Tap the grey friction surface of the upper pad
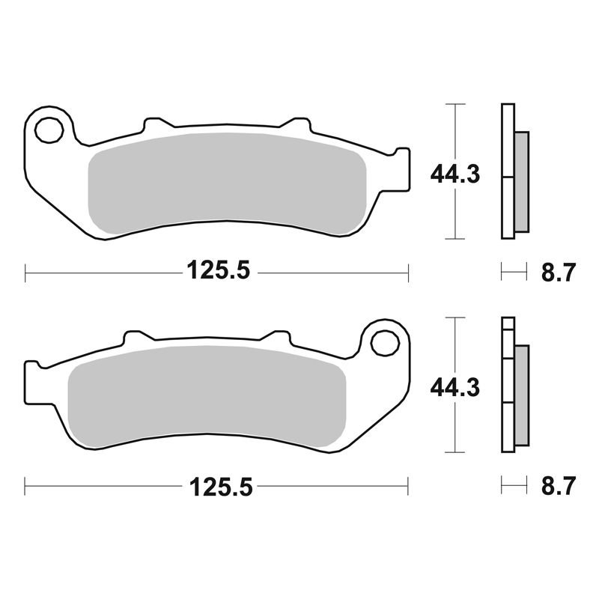pyautogui.click(x=228, y=183)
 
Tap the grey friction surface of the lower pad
pyautogui.click(x=207, y=397)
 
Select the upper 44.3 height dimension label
pyautogui.click(x=455, y=175)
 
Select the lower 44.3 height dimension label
pyautogui.click(x=455, y=388)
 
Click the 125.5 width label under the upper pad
pyautogui.click(x=218, y=270)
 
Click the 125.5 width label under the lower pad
pyautogui.click(x=221, y=487)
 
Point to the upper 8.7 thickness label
pyautogui.click(x=558, y=273)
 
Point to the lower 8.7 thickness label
pyautogui.click(x=558, y=486)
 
